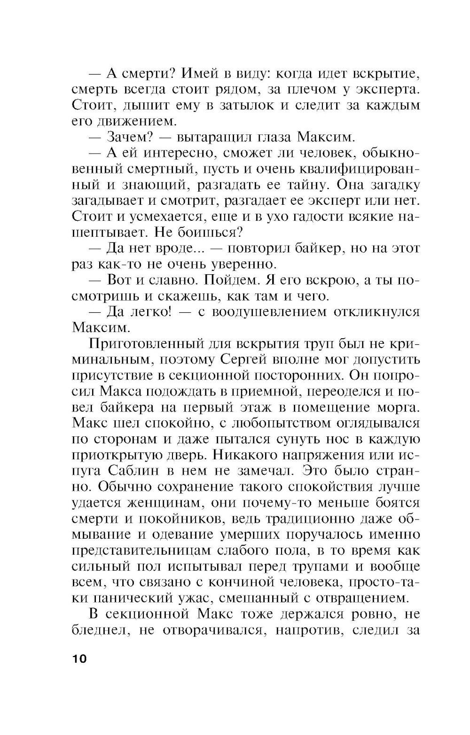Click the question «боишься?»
point(216,232)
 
